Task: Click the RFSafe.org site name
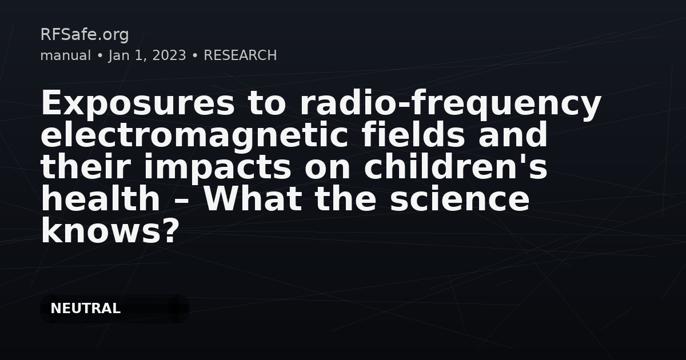85,35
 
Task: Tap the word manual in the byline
66,55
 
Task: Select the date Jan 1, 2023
147,56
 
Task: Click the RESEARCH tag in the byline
240,55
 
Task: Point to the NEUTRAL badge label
85,308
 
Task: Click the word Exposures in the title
138,103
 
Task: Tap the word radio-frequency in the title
451,103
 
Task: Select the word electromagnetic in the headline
194,135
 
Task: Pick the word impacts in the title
217,167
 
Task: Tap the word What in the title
253,198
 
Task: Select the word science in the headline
460,199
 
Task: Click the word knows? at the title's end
110,230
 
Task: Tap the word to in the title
267,103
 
